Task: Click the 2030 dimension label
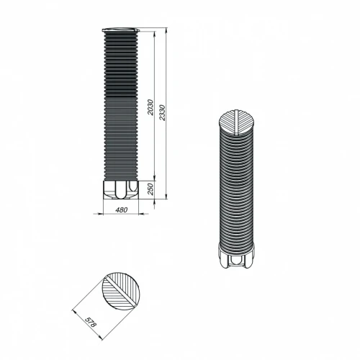[x=150, y=107]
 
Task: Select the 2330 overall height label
[x=163, y=113]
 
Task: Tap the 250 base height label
[x=150, y=189]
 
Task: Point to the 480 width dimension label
[x=122, y=210]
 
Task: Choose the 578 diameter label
[x=91, y=322]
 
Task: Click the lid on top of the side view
[x=121, y=30]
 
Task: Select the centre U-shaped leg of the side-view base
[x=120, y=189]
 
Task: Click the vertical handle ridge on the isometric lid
[x=237, y=122]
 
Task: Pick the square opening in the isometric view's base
[x=237, y=260]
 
